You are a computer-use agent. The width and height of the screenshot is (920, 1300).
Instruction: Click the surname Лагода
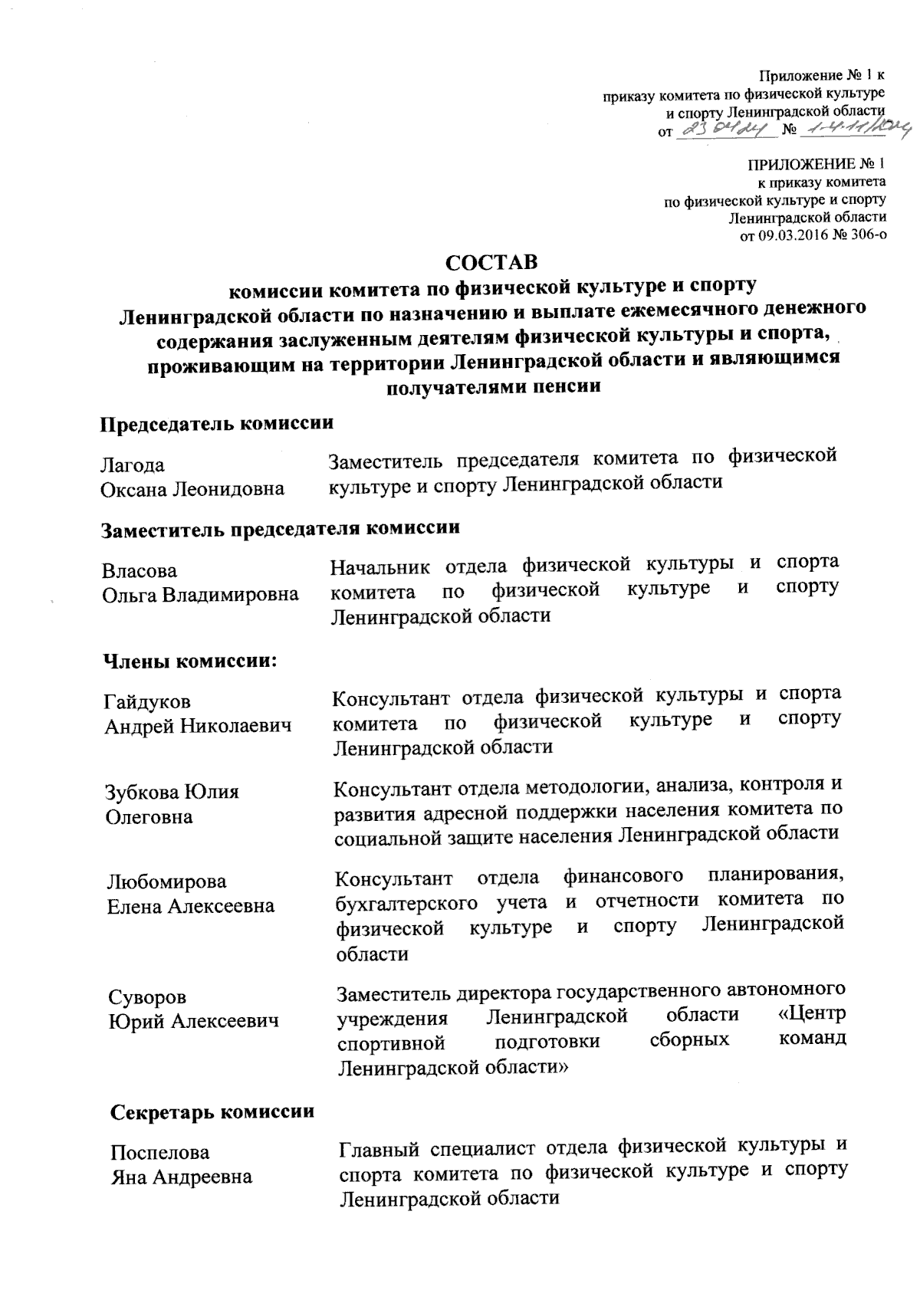(133, 465)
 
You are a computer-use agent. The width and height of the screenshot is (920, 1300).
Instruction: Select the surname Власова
(140, 571)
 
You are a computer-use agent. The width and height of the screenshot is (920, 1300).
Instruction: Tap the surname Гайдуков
(148, 701)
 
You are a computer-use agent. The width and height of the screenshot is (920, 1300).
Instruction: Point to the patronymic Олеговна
(149, 817)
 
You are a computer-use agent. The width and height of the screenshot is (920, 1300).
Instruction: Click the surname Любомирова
(166, 882)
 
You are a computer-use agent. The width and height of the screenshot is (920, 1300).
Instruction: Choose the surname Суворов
(147, 997)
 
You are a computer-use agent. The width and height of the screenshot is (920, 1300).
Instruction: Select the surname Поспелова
(159, 1153)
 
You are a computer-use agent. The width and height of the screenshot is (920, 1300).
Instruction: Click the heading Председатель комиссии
(217, 422)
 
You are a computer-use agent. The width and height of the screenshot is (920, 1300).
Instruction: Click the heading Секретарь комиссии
(212, 1111)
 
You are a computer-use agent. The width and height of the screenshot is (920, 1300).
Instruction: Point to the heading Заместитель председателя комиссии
(281, 528)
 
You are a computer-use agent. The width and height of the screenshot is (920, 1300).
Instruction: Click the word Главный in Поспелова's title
(379, 1148)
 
